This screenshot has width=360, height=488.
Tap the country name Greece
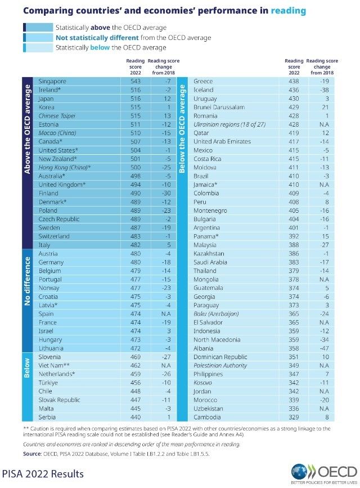coord(203,82)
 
